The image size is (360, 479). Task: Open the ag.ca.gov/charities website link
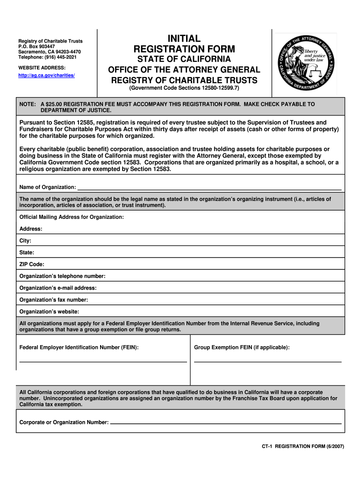pyautogui.click(x=47, y=75)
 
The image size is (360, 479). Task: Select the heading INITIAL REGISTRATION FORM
pyautogui.click(x=184, y=44)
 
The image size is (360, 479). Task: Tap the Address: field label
pyautogui.click(x=31, y=229)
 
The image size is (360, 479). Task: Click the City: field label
pyautogui.click(x=25, y=240)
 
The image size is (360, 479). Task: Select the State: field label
pyautogui.click(x=27, y=252)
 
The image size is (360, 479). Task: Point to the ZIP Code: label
pyautogui.click(x=32, y=264)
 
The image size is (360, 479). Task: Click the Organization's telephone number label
pyautogui.click(x=62, y=276)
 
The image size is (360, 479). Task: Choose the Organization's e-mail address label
pyautogui.click(x=58, y=288)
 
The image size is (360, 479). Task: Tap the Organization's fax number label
pyautogui.click(x=53, y=299)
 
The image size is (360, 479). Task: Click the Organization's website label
pyautogui.click(x=49, y=311)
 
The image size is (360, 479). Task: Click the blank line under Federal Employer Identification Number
pyautogui.click(x=103, y=362)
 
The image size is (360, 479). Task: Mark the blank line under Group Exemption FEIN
pyautogui.click(x=267, y=362)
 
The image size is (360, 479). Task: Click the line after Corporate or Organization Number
pyautogui.click(x=226, y=423)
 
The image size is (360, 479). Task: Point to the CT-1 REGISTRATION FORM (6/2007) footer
pyautogui.click(x=302, y=446)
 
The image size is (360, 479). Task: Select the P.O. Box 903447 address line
pyautogui.click(x=36, y=47)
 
